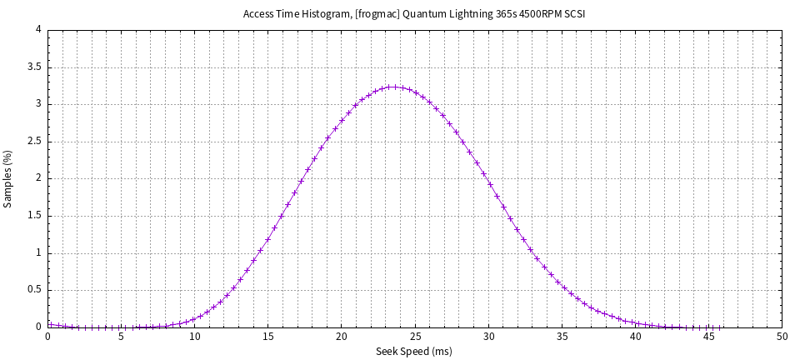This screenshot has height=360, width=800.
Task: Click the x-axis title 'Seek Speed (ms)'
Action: coord(414,351)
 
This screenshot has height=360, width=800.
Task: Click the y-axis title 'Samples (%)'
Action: coord(8,178)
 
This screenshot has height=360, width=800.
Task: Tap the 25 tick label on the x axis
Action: coord(415,337)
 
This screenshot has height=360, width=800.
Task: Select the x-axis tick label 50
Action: coord(782,337)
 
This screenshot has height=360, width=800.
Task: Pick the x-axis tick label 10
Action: coord(195,337)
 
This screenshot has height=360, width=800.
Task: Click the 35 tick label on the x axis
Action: coord(562,337)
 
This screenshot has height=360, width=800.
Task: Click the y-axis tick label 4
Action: coord(38,30)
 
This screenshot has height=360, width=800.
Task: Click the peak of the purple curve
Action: coord(392,87)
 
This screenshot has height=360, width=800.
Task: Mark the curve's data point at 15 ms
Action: coord(268,239)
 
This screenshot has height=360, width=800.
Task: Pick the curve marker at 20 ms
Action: coord(342,120)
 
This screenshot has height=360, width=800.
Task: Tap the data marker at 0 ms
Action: coord(48,325)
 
